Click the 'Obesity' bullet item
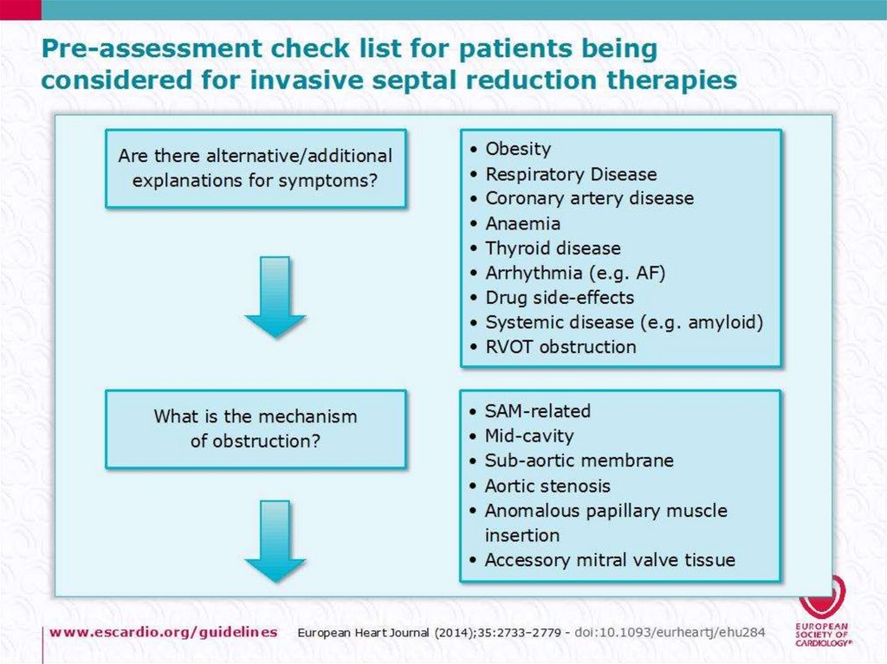pyautogui.click(x=518, y=149)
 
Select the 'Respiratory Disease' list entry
pyautogui.click(x=571, y=174)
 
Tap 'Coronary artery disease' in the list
pyautogui.click(x=589, y=198)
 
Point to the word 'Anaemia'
pyautogui.click(x=522, y=223)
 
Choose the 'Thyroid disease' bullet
pyautogui.click(x=553, y=248)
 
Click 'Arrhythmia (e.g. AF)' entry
pyautogui.click(x=575, y=273)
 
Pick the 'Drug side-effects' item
pyautogui.click(x=560, y=297)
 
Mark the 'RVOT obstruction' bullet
pyautogui.click(x=560, y=346)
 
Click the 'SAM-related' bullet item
pyautogui.click(x=537, y=410)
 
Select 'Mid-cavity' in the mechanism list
pyautogui.click(x=529, y=435)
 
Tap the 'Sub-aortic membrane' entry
pyautogui.click(x=579, y=461)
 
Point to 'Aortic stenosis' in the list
pyautogui.click(x=547, y=486)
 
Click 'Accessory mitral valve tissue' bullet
pyautogui.click(x=610, y=559)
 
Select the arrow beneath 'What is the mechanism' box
pyautogui.click(x=275, y=541)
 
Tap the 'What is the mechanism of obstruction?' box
pyautogui.click(x=256, y=429)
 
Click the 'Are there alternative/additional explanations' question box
pyautogui.click(x=256, y=169)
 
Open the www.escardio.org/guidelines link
pyautogui.click(x=164, y=631)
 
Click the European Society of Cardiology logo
pyautogui.click(x=822, y=610)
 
